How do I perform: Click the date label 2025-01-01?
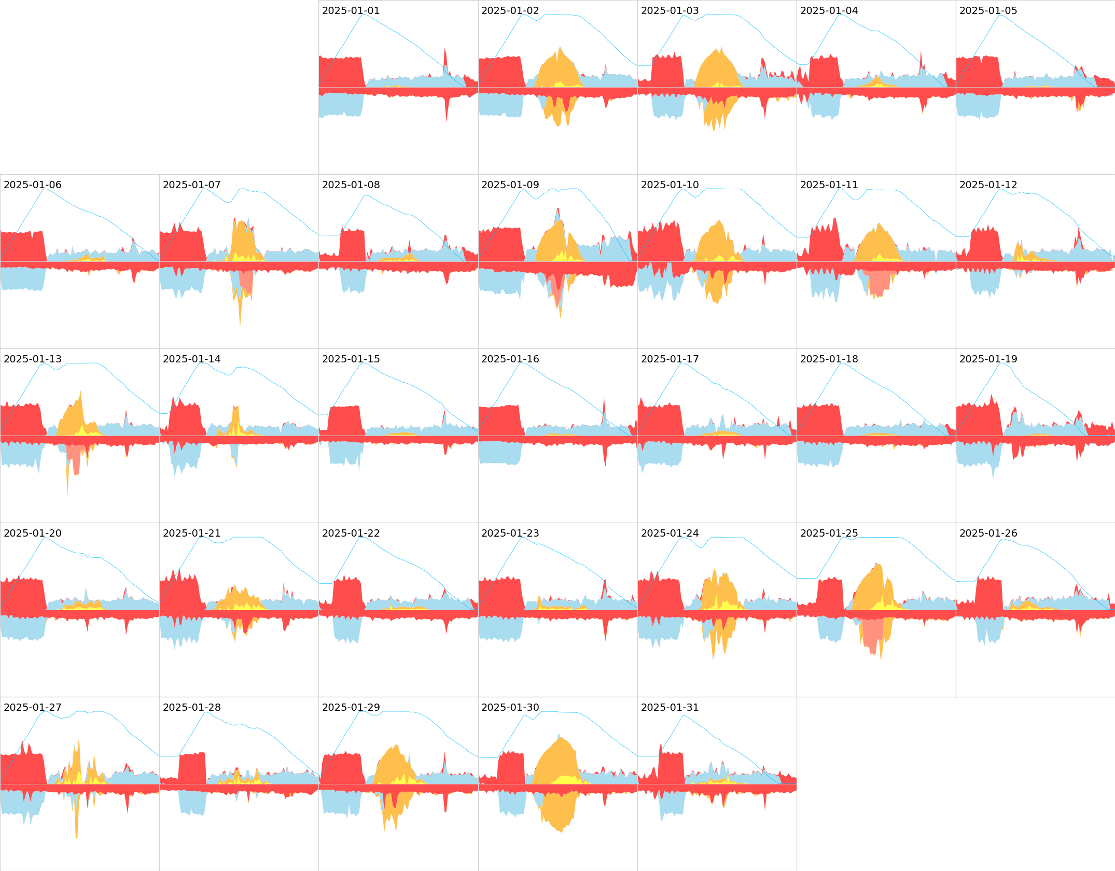click(351, 11)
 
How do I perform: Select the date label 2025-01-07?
click(191, 185)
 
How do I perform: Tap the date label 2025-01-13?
click(32, 359)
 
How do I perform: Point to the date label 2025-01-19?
click(988, 359)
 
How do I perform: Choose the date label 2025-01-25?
click(829, 533)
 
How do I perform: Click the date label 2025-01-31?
click(670, 708)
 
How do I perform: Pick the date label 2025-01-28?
click(191, 708)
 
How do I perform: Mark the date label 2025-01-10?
click(670, 185)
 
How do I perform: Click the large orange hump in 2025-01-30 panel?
click(555, 757)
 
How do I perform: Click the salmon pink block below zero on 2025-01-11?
click(879, 283)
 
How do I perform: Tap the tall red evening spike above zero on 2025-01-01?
click(445, 60)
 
